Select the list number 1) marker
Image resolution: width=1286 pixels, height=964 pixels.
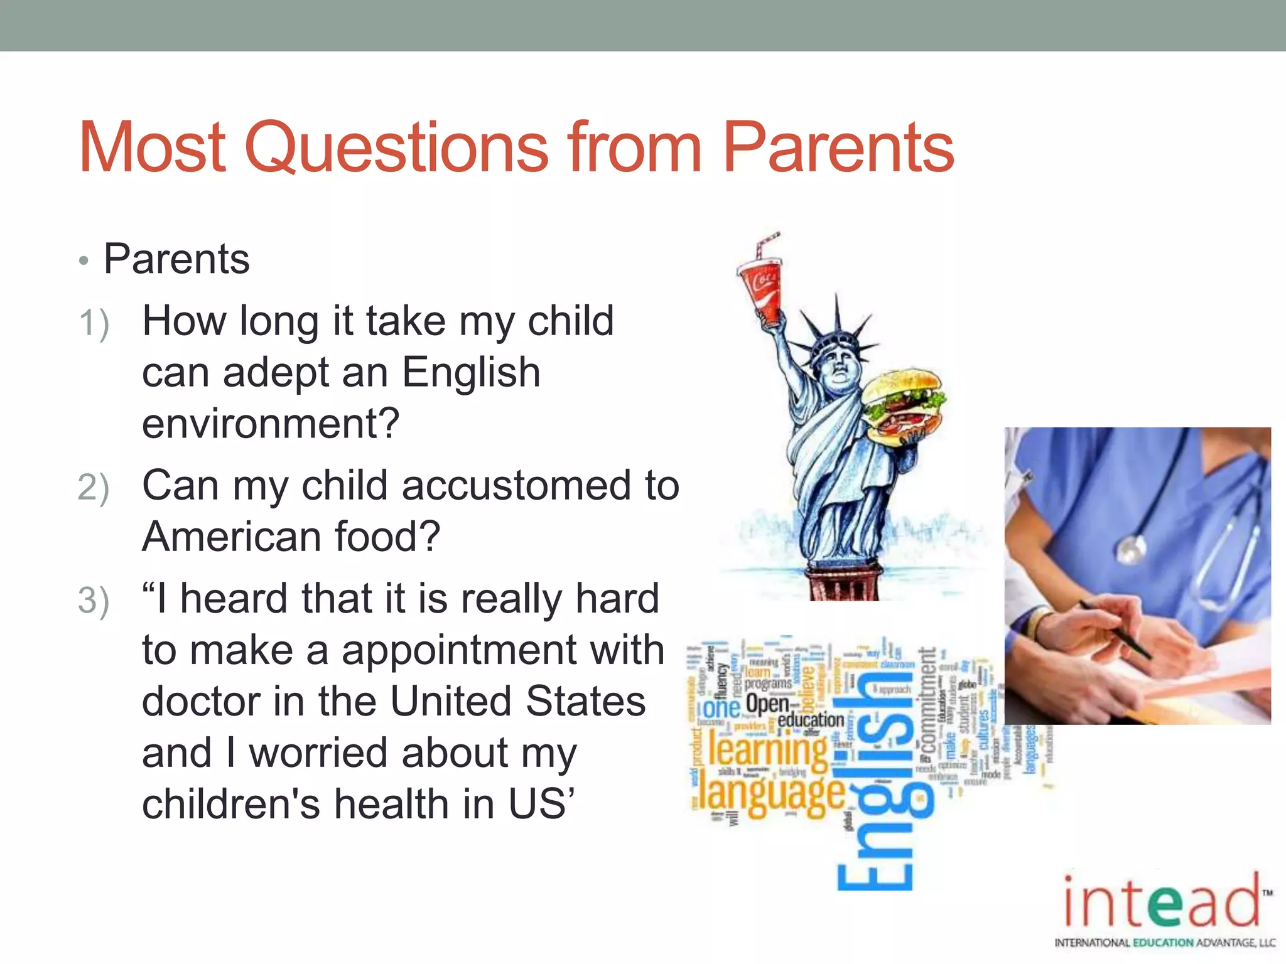[94, 323]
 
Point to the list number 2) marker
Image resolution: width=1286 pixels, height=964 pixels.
[94, 488]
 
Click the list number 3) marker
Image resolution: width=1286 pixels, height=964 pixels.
[94, 601]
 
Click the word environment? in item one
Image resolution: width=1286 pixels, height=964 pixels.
[271, 424]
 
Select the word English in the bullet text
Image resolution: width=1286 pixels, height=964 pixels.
[471, 372]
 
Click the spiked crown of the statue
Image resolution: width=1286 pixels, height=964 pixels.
[835, 333]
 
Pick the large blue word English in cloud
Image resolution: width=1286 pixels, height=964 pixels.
[876, 778]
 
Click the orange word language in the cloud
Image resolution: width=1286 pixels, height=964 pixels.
[772, 794]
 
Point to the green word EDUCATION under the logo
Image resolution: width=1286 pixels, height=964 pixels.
[1163, 943]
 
